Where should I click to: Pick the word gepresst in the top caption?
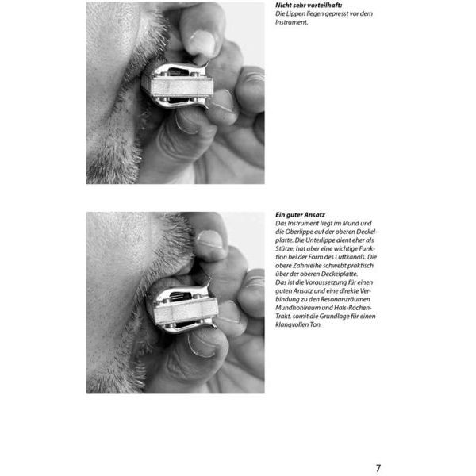tap(338, 14)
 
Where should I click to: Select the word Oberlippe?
tap(296, 232)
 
